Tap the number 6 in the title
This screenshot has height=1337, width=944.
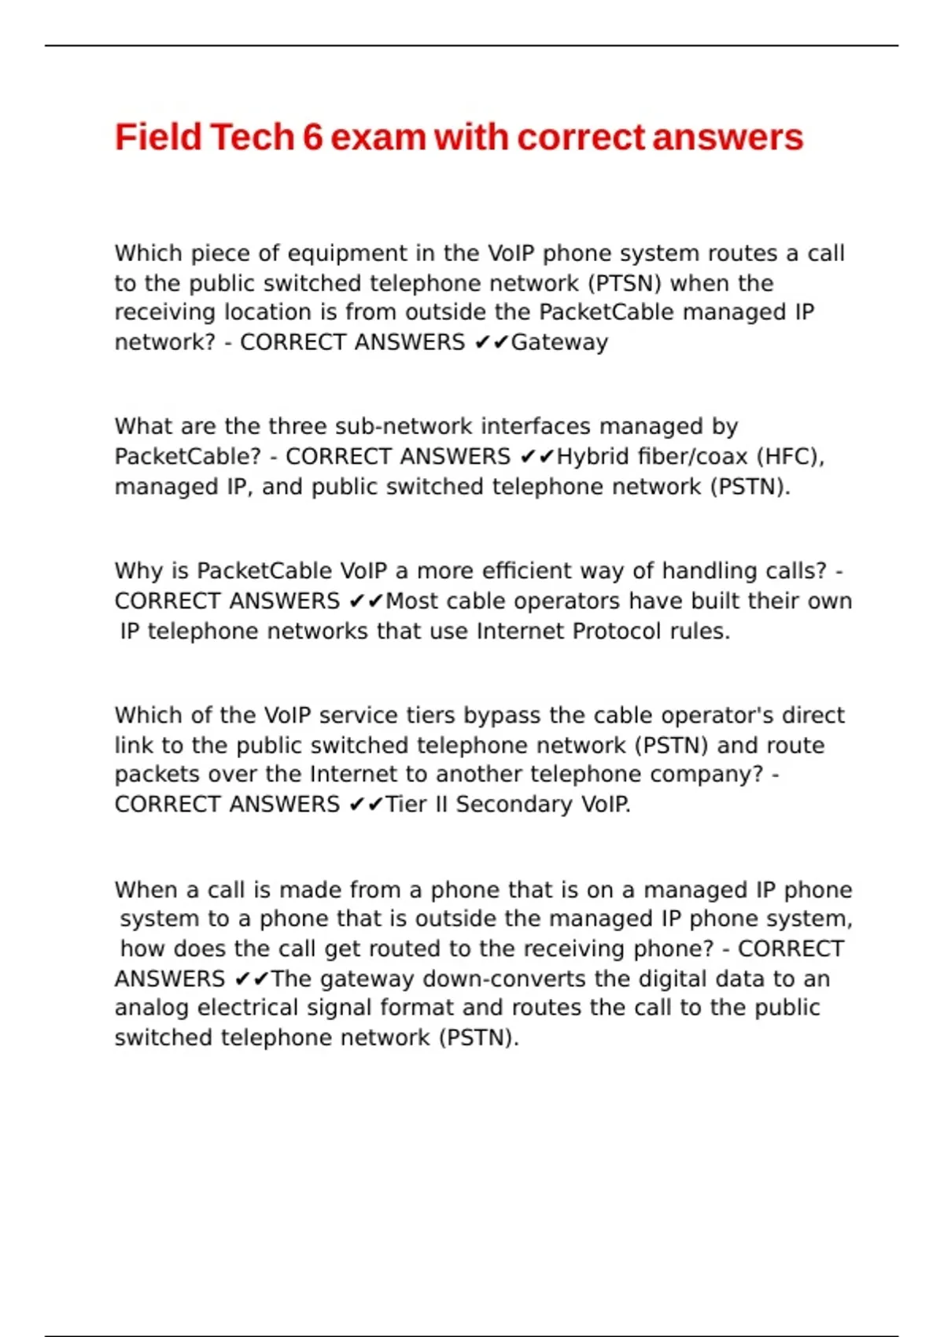(x=312, y=137)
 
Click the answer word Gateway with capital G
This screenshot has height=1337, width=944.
(x=559, y=343)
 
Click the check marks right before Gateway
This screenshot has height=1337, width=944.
(x=492, y=343)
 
